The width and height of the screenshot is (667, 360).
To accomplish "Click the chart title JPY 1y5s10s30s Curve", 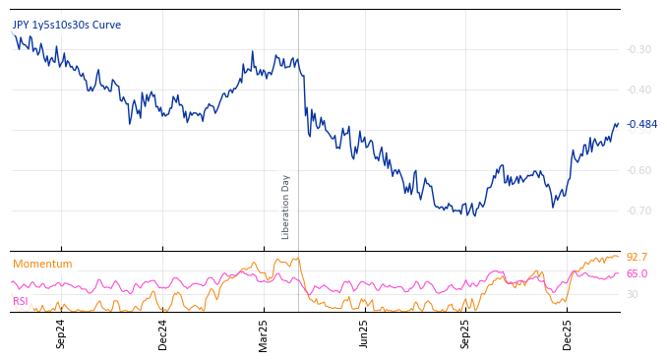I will tap(67, 25).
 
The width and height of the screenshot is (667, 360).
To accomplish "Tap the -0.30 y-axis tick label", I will tap(639, 49).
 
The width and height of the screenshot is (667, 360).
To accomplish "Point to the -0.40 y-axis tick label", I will tap(639, 90).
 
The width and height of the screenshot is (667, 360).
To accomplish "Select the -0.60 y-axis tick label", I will tap(639, 170).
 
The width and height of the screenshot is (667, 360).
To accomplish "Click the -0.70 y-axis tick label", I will tap(639, 210).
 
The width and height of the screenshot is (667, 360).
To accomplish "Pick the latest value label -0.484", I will tap(641, 125).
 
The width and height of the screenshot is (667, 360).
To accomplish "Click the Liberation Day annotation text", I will tap(286, 207).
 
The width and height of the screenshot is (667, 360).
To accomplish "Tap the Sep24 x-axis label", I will tap(61, 333).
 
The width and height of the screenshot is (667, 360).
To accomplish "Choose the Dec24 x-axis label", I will tap(163, 333).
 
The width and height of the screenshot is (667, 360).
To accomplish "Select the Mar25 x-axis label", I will tap(264, 333).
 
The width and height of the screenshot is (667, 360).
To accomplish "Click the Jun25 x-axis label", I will tap(364, 333).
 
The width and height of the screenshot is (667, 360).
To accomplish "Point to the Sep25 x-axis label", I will tap(465, 333).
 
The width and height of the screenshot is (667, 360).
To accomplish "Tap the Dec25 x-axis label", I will tap(568, 333).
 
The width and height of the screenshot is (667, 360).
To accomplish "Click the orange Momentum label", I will tap(42, 264).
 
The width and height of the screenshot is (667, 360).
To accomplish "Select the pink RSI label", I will tap(21, 301).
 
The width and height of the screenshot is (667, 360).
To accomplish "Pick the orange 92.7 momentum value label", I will tap(637, 257).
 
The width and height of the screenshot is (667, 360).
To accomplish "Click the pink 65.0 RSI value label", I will tap(637, 273).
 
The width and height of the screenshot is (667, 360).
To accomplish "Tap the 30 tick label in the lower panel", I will tap(633, 294).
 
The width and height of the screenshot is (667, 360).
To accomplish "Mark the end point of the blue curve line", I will tap(618, 124).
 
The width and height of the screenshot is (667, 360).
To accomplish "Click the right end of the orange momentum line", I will tap(619, 256).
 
